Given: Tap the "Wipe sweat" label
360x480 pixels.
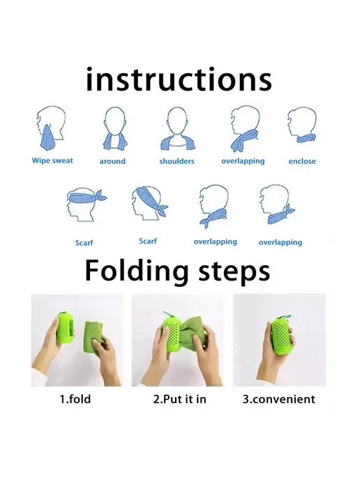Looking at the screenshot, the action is click(52, 160).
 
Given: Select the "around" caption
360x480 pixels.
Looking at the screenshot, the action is click(112, 161).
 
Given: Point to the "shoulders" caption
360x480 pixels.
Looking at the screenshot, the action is click(177, 161).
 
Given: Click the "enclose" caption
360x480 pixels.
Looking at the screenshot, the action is click(302, 161).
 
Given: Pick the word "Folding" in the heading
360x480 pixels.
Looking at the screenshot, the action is click(137, 271).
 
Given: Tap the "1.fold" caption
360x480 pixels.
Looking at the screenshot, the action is click(75, 399).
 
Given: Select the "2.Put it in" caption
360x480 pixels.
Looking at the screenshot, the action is click(180, 399).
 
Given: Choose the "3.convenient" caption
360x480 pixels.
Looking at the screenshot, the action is click(279, 399).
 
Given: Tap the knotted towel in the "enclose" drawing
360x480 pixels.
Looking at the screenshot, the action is click(306, 137).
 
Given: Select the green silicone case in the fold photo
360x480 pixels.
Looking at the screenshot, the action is click(66, 327).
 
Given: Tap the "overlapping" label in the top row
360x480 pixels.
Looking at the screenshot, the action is click(243, 161).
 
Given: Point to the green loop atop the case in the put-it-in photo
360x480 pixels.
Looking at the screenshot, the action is click(167, 315).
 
